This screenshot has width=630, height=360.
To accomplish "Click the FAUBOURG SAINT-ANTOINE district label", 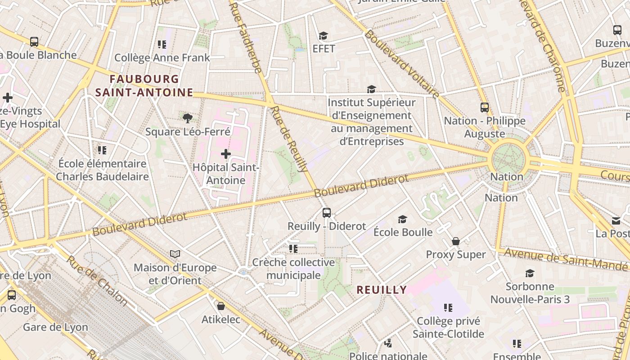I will [x=144, y=86].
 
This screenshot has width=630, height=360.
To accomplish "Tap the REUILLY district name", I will [x=382, y=290].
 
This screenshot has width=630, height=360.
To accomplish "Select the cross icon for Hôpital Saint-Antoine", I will [x=226, y=154].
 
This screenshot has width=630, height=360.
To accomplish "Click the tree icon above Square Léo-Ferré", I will [x=188, y=118].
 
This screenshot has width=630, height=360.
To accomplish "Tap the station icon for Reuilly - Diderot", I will [x=327, y=213].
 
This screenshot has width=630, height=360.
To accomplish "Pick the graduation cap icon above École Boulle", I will [x=403, y=219].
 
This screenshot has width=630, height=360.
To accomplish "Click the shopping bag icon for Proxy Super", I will [x=456, y=242].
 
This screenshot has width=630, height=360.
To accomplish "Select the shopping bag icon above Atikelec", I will [x=220, y=306].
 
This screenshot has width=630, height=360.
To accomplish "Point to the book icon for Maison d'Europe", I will [x=175, y=254].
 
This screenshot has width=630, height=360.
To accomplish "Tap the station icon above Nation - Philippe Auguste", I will [x=485, y=108].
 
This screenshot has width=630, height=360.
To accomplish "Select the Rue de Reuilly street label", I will [x=291, y=139].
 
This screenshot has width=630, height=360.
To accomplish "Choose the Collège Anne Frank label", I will [x=162, y=58].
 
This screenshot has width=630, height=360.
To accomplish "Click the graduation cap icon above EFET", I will [x=323, y=36].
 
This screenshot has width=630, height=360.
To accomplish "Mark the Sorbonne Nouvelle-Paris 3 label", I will [x=530, y=293].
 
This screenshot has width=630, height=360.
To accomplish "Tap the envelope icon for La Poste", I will [x=616, y=220].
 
